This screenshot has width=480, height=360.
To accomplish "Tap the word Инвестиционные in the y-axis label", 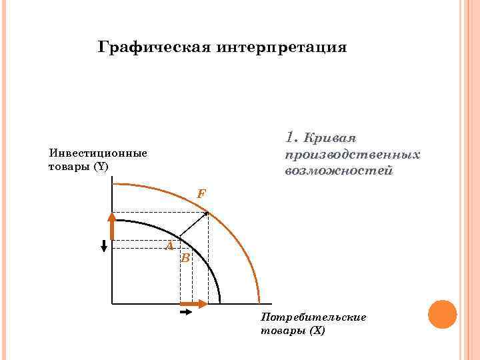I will [98, 153].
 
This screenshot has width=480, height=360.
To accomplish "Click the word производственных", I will [351, 155].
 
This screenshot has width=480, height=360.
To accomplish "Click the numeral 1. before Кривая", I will [291, 138].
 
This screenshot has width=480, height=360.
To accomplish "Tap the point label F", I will [201, 194].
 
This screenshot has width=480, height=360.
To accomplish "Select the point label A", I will [170, 246].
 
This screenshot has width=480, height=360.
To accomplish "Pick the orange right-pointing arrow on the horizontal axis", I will [194, 304].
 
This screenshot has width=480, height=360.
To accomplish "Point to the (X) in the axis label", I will [317, 330].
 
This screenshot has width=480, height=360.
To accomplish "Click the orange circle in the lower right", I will [442, 314].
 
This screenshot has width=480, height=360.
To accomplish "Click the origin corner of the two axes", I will [113, 304].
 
